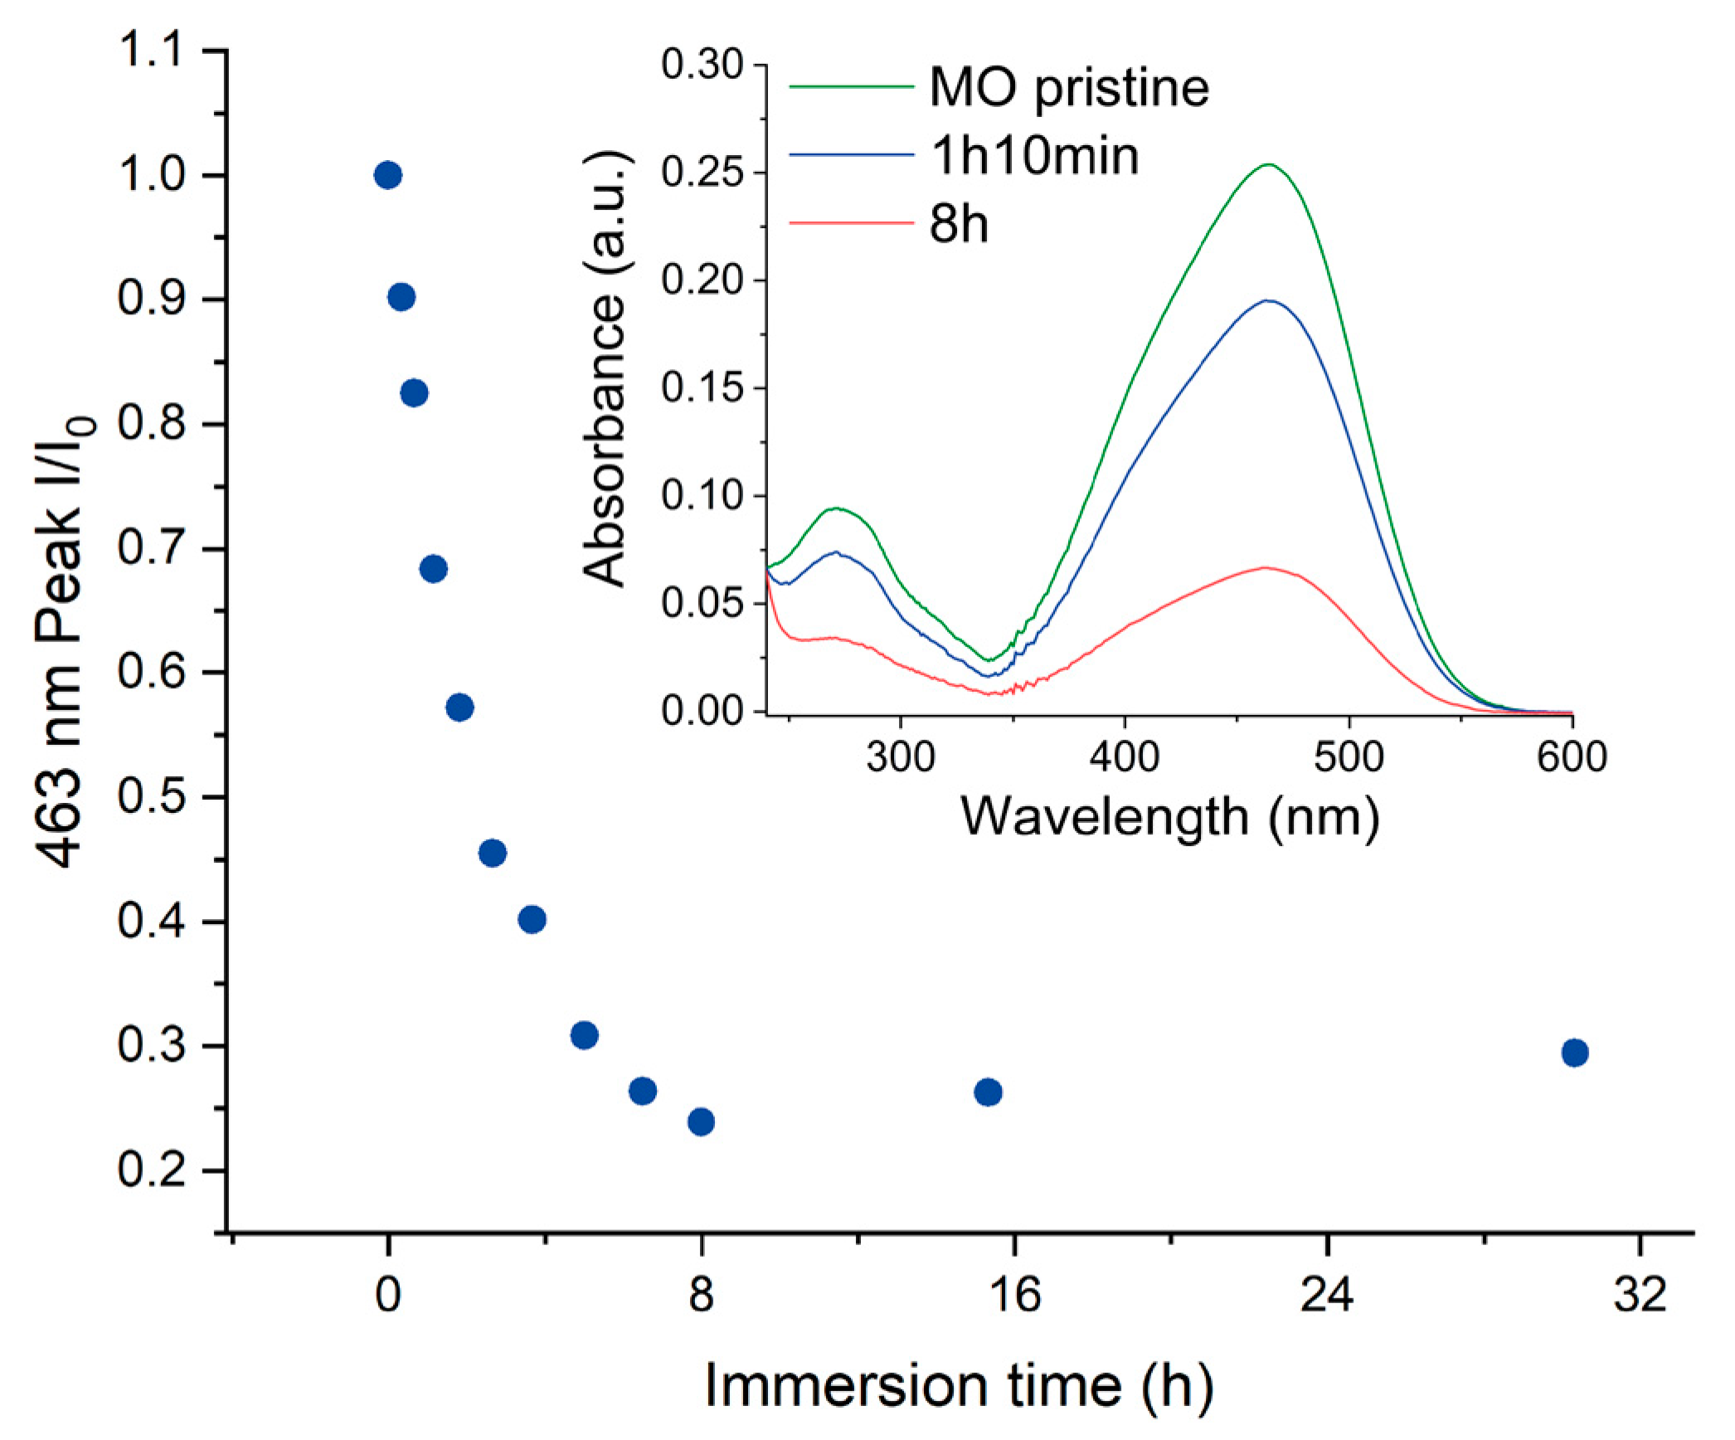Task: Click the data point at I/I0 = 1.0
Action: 387,175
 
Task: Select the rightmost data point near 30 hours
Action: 1574,1053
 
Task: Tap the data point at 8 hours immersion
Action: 701,1121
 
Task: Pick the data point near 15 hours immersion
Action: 988,1092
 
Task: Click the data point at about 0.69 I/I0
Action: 433,569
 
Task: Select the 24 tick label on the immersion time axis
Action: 1327,1294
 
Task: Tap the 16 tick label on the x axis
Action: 1014,1294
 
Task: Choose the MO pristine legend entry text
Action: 1069,87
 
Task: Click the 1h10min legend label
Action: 1034,155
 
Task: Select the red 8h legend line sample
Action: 850,222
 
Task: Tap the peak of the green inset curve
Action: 1269,164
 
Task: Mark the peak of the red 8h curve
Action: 1265,567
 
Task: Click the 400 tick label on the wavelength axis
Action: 1125,756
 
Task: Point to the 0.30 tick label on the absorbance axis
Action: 702,65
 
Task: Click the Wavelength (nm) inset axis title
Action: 1169,817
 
